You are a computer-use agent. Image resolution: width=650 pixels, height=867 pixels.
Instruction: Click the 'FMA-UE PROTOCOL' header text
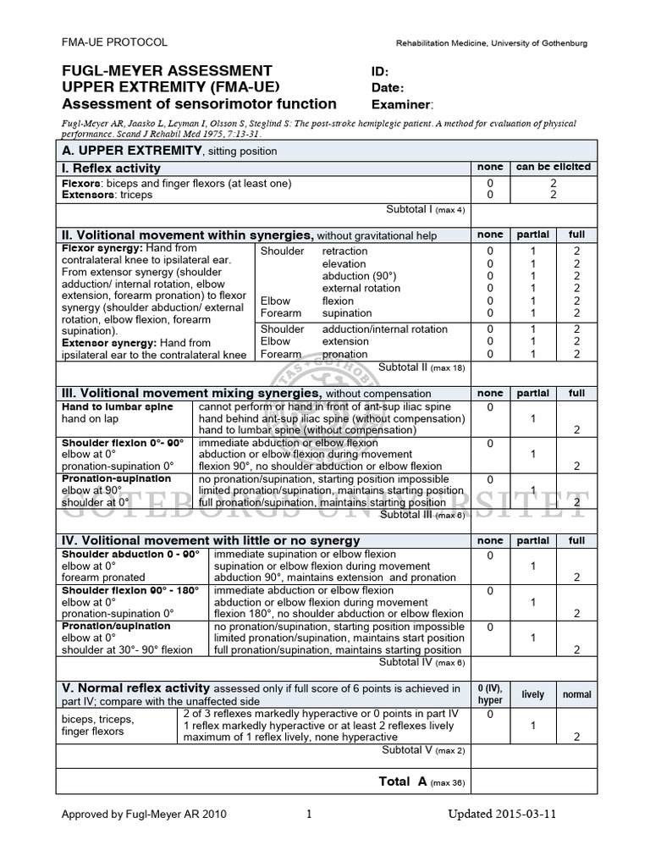[x=114, y=42]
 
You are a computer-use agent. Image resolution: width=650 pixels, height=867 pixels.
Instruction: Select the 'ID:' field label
[x=380, y=71]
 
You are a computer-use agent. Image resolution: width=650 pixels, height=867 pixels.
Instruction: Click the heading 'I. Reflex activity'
[x=112, y=168]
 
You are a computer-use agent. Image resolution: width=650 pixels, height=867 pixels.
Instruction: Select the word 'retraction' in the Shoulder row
[x=344, y=251]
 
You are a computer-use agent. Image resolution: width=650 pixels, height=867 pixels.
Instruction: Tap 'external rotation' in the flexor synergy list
[x=361, y=288]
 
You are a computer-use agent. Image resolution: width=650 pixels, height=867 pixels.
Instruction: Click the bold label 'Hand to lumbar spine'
[x=117, y=406]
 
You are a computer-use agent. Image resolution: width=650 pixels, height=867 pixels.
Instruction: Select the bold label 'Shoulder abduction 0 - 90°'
[x=130, y=554]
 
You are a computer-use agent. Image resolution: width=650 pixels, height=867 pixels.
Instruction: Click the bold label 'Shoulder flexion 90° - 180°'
[x=130, y=590]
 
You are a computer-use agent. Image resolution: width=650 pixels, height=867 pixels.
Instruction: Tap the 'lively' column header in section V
[x=533, y=694]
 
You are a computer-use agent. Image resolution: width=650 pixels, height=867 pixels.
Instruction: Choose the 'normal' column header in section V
[x=577, y=694]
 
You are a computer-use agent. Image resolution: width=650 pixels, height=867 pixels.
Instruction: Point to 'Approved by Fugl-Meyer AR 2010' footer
[x=144, y=815]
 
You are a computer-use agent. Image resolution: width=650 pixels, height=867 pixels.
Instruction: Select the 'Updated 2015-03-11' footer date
[x=503, y=815]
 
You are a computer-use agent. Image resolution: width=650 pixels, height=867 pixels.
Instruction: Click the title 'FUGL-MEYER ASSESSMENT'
[x=168, y=71]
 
